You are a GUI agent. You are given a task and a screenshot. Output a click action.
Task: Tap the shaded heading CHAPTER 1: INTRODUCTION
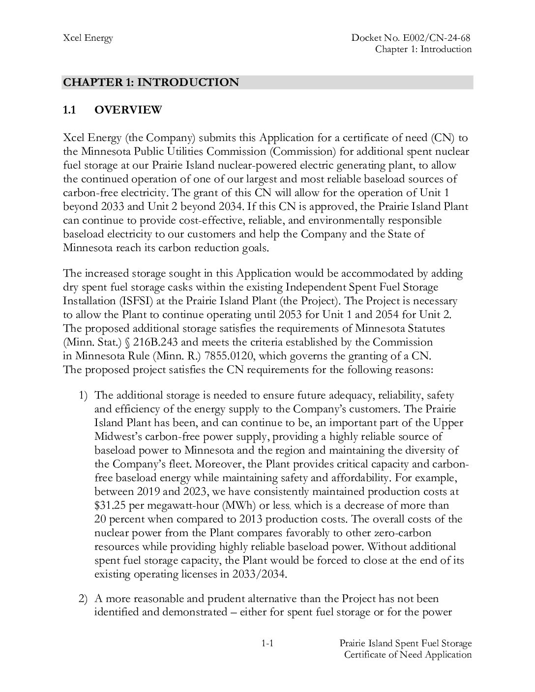click(151, 82)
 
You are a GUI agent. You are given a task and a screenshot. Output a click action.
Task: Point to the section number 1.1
click(69, 110)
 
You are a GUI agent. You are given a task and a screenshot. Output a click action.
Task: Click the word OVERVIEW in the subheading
click(128, 110)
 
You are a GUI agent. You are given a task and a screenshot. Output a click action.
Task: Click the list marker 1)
click(83, 395)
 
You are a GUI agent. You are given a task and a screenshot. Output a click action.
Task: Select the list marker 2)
click(83, 599)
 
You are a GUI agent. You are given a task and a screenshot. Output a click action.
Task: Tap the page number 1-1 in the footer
click(267, 643)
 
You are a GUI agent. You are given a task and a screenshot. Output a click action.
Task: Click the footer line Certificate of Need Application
click(408, 654)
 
